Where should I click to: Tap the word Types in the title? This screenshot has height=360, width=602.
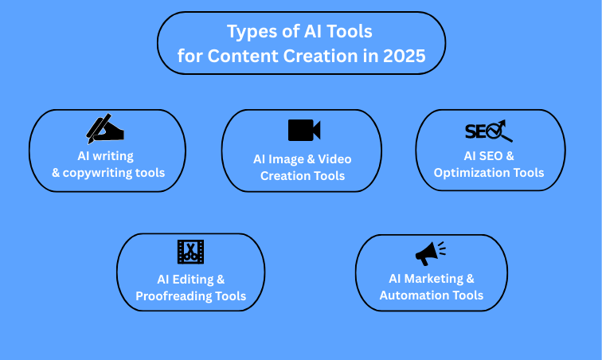[x=250, y=32]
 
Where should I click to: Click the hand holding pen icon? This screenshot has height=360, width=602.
[x=105, y=129]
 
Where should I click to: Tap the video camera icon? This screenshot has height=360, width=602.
[x=303, y=130]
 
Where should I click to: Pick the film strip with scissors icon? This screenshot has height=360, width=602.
[x=190, y=251]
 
